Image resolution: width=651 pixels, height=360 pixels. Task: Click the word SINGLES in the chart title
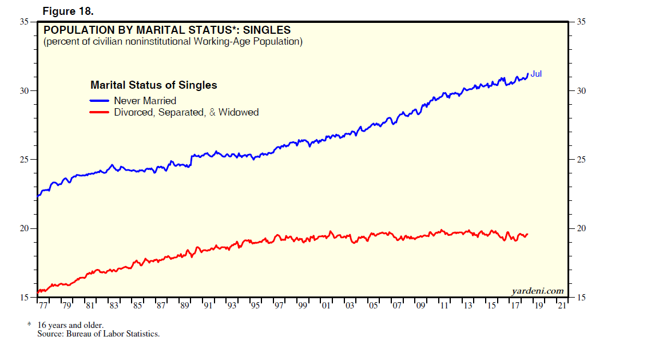(267, 30)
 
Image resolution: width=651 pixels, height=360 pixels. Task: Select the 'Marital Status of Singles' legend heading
(154, 85)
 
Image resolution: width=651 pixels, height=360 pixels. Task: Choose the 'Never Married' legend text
(145, 101)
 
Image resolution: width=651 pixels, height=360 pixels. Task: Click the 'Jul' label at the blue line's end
(536, 74)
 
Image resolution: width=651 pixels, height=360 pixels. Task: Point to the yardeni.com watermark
(537, 291)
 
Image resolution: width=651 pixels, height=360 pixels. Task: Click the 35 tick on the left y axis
(24, 22)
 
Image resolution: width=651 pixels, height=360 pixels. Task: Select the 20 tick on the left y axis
(24, 228)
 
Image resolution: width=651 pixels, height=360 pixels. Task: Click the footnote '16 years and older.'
(70, 325)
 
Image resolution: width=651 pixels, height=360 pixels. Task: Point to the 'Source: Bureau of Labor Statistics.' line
(98, 334)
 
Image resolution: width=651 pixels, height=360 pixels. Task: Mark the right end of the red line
(527, 234)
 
